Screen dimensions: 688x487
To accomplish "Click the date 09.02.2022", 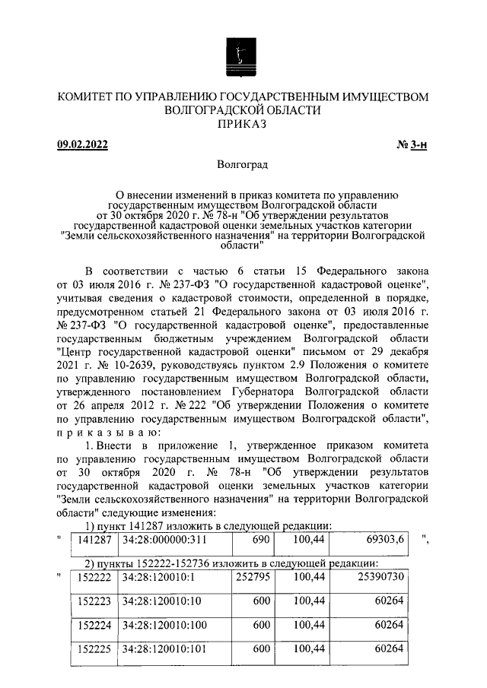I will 84,145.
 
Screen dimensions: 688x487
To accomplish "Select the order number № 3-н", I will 412,145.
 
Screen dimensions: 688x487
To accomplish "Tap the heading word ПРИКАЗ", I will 243,125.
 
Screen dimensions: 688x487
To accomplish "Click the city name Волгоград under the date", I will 243,164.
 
